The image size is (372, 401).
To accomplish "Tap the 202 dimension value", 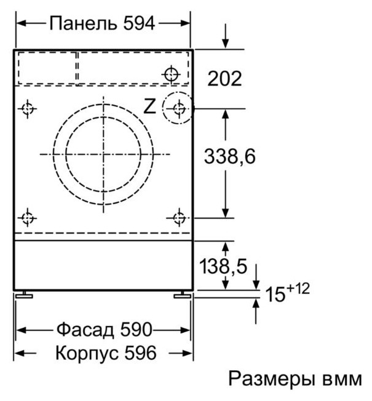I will [x=224, y=79].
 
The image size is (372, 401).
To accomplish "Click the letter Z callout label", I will [x=149, y=107].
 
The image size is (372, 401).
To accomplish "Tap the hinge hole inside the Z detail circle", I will [x=179, y=109].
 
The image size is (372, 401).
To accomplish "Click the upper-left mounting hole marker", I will [x=26, y=109].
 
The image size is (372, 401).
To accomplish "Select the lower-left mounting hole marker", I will [x=26, y=218].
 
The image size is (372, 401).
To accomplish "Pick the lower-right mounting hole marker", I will [x=179, y=218].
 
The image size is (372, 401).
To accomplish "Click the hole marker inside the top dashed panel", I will [x=170, y=75].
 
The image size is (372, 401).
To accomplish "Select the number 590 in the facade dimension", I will [x=134, y=330].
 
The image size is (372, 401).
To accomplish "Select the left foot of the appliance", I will [x=25, y=296].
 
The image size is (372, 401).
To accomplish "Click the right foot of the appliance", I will [x=183, y=296].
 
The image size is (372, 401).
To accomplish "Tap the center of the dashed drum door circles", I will [x=103, y=153].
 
